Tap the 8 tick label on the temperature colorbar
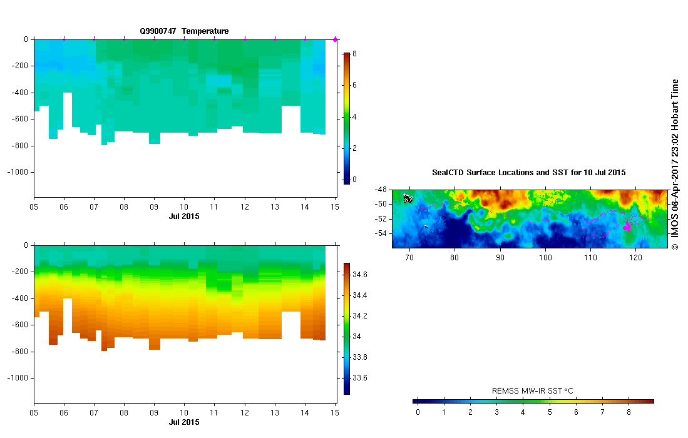pos(354,54)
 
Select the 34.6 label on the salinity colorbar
pos(361,275)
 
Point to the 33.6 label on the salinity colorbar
pos(361,378)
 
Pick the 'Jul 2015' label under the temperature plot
pos(184,216)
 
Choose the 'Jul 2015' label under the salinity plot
pos(184,422)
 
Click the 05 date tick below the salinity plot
pos(34,414)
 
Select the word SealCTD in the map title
pos(447,172)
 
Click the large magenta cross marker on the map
pos(627,228)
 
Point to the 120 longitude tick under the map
pos(636,257)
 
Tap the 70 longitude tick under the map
pos(409,257)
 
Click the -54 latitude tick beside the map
pos(381,233)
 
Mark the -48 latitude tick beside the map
pos(381,189)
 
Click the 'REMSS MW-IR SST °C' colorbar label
pos(533,391)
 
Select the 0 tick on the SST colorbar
pos(418,412)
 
